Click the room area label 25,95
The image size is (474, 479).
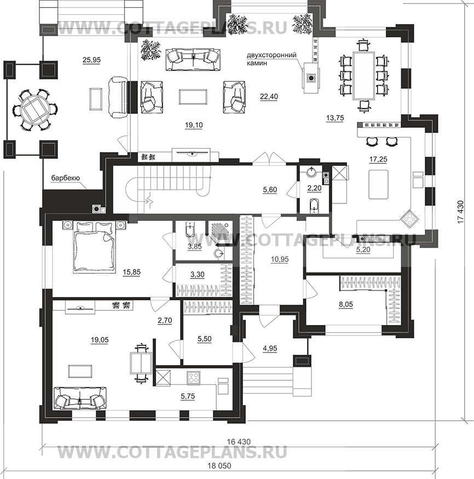pyautogui.click(x=91, y=60)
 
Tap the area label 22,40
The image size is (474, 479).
pyautogui.click(x=269, y=96)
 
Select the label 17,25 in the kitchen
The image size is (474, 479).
pyautogui.click(x=378, y=159)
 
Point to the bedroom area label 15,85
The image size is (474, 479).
pyautogui.click(x=132, y=272)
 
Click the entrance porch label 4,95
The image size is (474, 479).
pyautogui.click(x=270, y=348)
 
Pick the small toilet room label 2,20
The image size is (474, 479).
pyautogui.click(x=315, y=188)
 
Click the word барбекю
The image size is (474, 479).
pyautogui.click(x=65, y=178)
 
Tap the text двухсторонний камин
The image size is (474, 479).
pyautogui.click(x=271, y=59)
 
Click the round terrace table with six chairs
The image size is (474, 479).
pyautogui.click(x=35, y=110)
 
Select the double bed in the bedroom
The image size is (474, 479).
pyautogui.click(x=94, y=247)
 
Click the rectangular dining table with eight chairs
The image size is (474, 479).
pyautogui.click(x=364, y=76)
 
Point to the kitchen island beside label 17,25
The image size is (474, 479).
pyautogui.click(x=378, y=185)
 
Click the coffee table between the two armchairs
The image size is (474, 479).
pyautogui.click(x=193, y=96)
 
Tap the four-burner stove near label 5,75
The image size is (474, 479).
pyautogui.click(x=193, y=378)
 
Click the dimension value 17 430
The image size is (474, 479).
pyautogui.click(x=460, y=212)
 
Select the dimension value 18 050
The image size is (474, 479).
pyautogui.click(x=219, y=466)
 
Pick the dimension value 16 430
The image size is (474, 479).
pyautogui.click(x=239, y=442)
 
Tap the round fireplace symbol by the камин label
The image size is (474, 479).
pyautogui.click(x=311, y=78)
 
